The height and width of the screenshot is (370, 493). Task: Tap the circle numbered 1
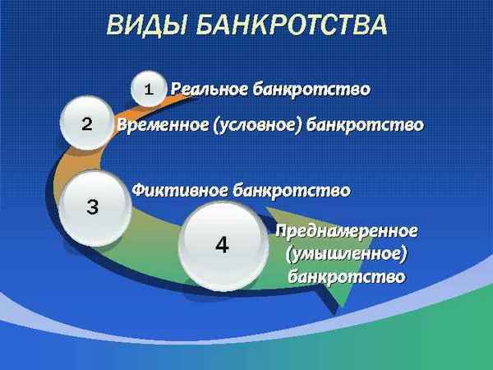149,89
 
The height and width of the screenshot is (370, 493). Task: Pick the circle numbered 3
94,206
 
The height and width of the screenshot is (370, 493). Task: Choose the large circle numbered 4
222,244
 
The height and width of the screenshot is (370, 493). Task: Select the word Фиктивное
180,190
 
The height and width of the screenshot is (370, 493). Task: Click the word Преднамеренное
347,230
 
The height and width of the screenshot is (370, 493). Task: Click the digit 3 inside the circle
92,207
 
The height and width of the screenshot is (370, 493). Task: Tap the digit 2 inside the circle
86,125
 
